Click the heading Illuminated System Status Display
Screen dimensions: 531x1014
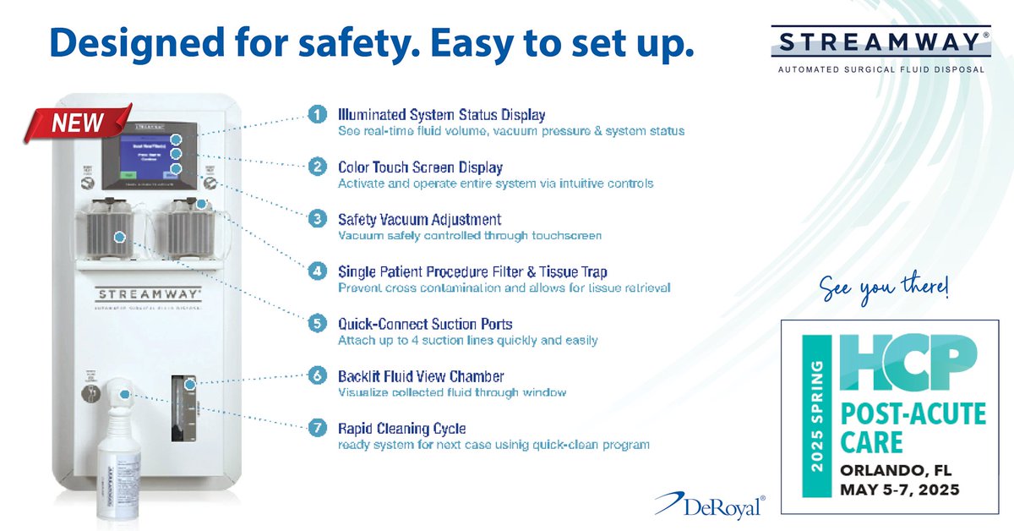(x=441, y=114)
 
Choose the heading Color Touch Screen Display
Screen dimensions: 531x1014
(x=420, y=167)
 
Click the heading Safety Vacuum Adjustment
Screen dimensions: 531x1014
(x=419, y=219)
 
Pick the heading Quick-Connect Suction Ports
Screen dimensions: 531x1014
(x=425, y=324)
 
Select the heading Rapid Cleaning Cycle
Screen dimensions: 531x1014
(x=401, y=428)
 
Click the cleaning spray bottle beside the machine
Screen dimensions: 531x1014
(x=118, y=461)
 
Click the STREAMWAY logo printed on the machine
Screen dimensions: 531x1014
(x=149, y=294)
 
